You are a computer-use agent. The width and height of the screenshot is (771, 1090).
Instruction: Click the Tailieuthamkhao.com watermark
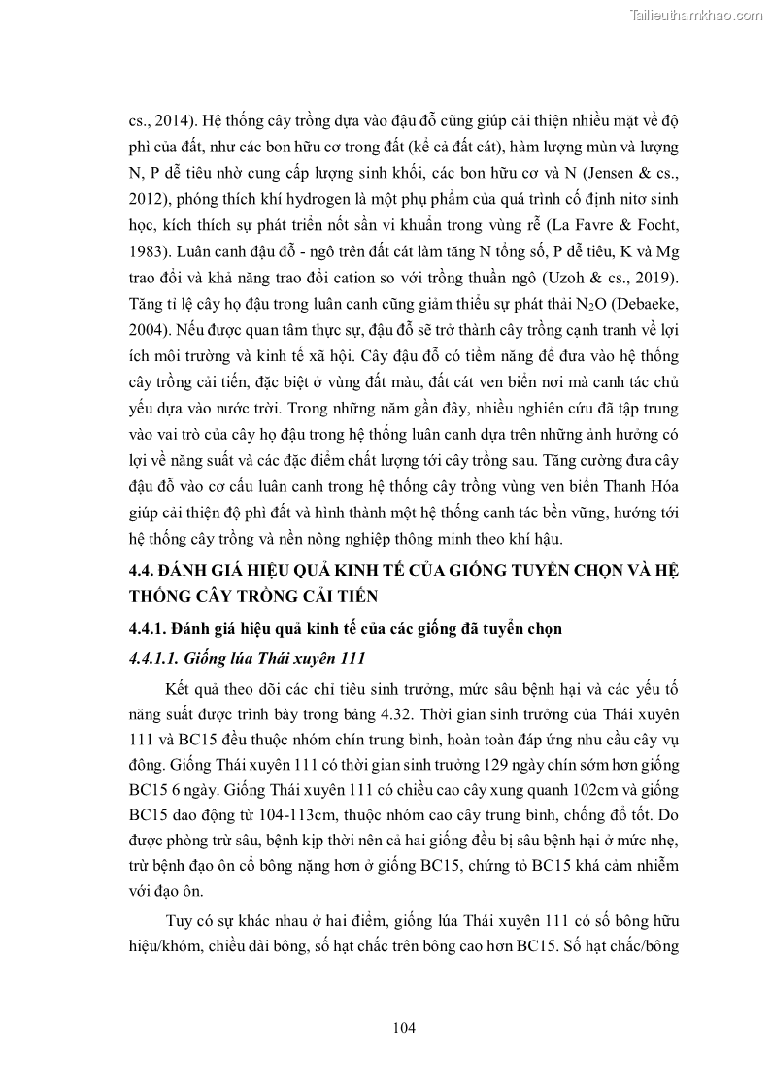(697, 14)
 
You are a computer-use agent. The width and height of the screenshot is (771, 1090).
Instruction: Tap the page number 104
(405, 1028)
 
